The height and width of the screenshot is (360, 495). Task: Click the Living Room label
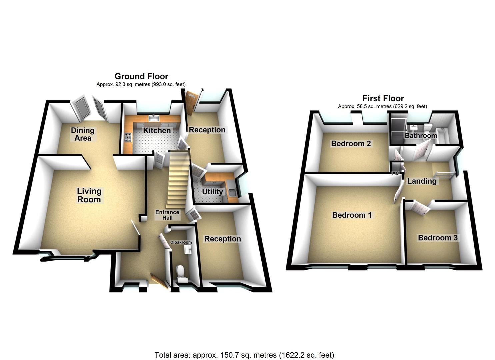click(x=89, y=195)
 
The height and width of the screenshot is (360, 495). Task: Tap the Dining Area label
click(x=83, y=134)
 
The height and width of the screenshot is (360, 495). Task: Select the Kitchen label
click(x=157, y=130)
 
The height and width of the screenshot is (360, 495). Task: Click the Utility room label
click(x=212, y=192)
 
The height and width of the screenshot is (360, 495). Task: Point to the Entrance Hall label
click(x=167, y=215)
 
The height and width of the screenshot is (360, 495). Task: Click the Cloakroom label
click(x=181, y=242)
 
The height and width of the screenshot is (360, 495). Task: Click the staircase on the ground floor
click(x=177, y=180)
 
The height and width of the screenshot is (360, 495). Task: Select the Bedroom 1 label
click(x=352, y=215)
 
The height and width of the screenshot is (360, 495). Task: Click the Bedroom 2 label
click(x=351, y=144)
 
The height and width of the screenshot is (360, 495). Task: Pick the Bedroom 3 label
click(x=437, y=238)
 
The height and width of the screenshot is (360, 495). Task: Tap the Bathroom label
click(x=421, y=136)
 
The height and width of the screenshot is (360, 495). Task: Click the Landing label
click(x=422, y=181)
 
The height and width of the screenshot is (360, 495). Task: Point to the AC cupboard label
click(x=396, y=173)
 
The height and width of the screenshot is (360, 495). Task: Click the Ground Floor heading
click(x=141, y=76)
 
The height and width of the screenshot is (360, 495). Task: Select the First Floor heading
click(x=383, y=98)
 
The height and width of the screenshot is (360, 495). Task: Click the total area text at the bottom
click(x=244, y=355)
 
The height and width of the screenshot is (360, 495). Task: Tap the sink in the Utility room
click(x=232, y=192)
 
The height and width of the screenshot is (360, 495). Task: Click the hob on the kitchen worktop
click(x=128, y=137)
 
